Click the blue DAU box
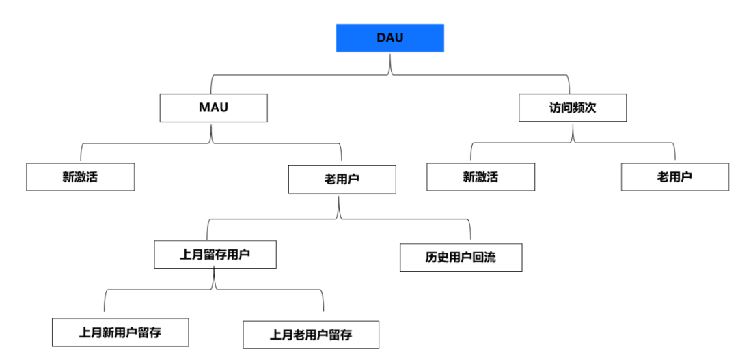click(x=389, y=38)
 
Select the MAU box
click(x=213, y=108)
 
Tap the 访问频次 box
click(x=572, y=108)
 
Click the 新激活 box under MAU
click(x=80, y=177)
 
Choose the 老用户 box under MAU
click(x=342, y=179)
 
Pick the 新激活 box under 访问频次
click(x=480, y=177)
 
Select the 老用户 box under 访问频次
click(x=674, y=177)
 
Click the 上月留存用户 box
click(x=215, y=254)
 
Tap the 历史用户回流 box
click(x=461, y=258)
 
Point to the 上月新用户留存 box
click(x=120, y=332)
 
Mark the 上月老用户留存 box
click(x=310, y=335)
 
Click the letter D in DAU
click(x=381, y=38)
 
